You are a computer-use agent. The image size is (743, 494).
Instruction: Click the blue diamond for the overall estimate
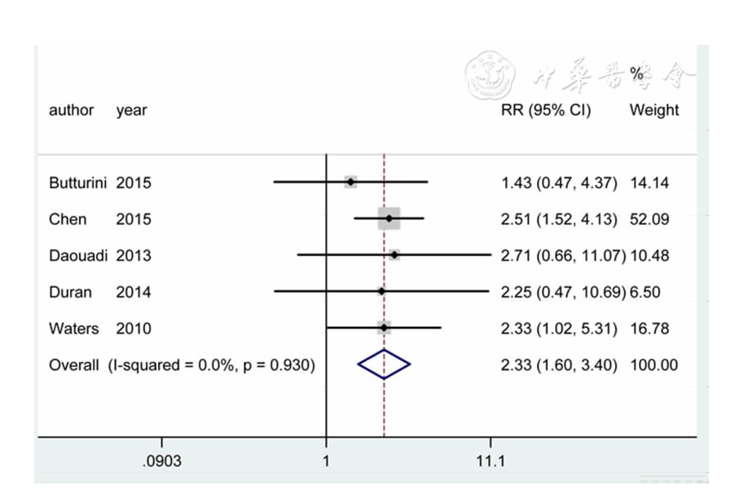(384, 365)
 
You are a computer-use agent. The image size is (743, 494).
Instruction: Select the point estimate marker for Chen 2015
(389, 218)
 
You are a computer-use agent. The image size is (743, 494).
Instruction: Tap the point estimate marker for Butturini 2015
(350, 182)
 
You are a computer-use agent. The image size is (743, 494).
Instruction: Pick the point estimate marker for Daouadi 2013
(394, 255)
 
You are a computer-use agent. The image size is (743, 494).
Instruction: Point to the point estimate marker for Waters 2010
(384, 329)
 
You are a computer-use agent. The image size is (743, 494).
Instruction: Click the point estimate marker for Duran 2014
(381, 291)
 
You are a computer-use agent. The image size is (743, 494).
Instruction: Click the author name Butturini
(78, 183)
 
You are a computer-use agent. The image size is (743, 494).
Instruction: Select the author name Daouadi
(79, 255)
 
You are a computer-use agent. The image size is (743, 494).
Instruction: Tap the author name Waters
(74, 329)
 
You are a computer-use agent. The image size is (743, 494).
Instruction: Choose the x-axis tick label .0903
(161, 462)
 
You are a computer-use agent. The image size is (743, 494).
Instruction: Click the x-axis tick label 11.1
(490, 462)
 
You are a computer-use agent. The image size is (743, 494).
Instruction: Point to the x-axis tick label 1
(326, 462)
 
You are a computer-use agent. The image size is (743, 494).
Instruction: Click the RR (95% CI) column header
(546, 110)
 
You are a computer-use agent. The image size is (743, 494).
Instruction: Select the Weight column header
(653, 110)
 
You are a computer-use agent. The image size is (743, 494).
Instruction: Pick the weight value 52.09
(649, 219)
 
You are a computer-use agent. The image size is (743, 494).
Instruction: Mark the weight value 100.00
(653, 365)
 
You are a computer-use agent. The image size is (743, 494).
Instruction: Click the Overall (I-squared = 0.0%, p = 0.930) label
(182, 365)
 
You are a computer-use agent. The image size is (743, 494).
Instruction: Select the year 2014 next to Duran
(134, 292)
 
